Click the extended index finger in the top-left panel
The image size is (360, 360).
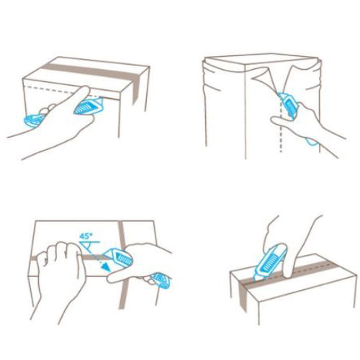click(81, 93)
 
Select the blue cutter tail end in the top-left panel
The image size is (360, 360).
click(32, 121)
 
